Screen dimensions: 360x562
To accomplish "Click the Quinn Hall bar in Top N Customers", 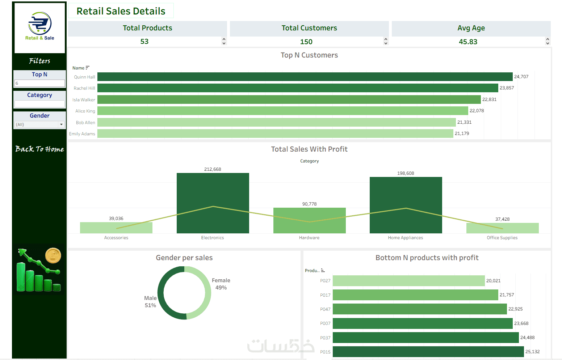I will (305, 77).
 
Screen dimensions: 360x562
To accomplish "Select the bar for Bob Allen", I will (276, 122).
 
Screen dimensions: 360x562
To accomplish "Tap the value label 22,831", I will (489, 99).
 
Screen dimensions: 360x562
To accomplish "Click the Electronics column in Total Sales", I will (213, 203).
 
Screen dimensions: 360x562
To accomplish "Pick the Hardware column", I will (309, 220).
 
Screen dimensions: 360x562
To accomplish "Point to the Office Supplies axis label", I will (502, 238).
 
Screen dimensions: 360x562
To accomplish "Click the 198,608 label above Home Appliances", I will (406, 173).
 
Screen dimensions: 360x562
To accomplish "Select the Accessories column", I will (116, 228).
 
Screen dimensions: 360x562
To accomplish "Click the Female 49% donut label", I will (221, 284).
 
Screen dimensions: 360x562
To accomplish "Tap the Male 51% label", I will (150, 302).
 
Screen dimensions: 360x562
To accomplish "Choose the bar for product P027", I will (408, 281).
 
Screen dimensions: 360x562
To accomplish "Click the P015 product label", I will (325, 352).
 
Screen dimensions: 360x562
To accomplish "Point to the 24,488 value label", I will (527, 338).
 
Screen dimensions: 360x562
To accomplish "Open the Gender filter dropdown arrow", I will (62, 124).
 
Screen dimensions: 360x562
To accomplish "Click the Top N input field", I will (39, 83).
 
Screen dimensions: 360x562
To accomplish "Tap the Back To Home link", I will (39, 149).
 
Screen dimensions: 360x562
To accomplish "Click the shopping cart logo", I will (39, 23).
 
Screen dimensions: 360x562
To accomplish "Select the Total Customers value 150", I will (306, 42).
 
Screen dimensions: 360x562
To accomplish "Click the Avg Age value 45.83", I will (468, 42).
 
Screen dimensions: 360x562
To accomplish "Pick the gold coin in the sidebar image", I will (53, 255).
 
